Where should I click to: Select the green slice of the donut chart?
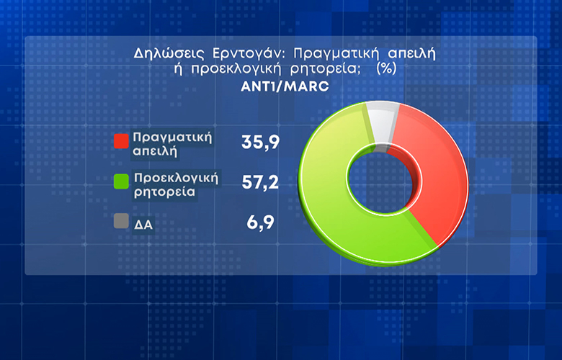tap(330, 201)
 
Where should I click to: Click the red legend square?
tap(121, 141)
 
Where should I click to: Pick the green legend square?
tap(121, 181)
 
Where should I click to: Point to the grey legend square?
tap(121, 221)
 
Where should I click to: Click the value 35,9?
tap(261, 143)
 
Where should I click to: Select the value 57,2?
tap(261, 182)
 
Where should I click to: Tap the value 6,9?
tap(261, 222)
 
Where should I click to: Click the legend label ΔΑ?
tap(143, 225)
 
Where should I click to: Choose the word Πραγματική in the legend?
tap(172, 138)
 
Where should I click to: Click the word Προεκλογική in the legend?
tap(176, 178)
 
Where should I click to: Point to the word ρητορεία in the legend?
tap(164, 192)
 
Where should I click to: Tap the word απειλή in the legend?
tap(155, 151)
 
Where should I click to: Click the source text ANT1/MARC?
tap(285, 86)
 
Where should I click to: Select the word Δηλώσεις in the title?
tap(169, 54)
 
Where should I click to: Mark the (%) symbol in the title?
tap(386, 68)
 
